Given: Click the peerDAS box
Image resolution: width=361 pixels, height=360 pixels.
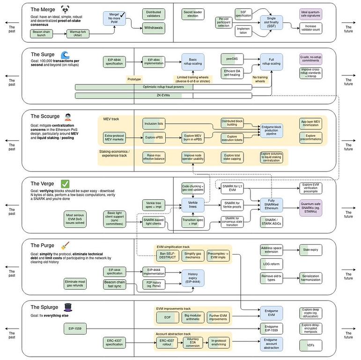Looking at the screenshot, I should tap(232, 59).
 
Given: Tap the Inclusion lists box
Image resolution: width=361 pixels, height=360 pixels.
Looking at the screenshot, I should tap(155, 124).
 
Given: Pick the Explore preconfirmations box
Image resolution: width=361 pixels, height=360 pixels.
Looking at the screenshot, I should tap(311, 138).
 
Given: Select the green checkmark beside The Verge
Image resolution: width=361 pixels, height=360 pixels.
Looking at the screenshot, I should tap(66, 184).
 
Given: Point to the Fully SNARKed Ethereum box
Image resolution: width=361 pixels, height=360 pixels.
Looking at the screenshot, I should tap(273, 204).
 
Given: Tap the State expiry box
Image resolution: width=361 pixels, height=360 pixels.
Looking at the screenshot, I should tap(311, 250).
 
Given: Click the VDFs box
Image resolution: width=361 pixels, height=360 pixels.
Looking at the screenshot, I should tap(311, 345).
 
